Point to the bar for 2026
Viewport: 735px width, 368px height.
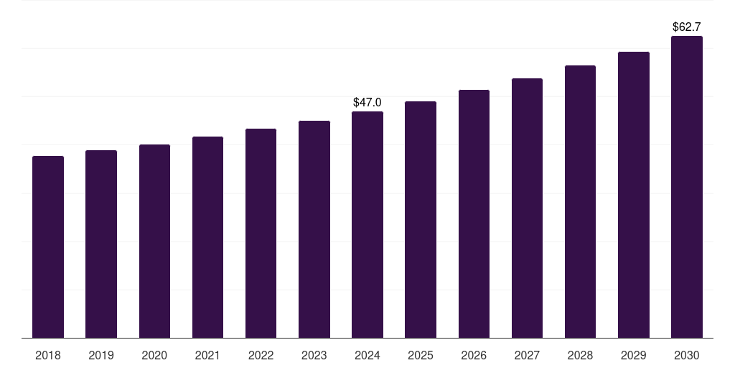pyautogui.click(x=474, y=213)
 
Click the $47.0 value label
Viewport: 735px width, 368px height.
pyautogui.click(x=367, y=103)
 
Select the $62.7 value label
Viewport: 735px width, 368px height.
pyautogui.click(x=686, y=27)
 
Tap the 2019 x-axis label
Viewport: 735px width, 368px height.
pyautogui.click(x=101, y=356)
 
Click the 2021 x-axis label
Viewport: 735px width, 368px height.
pyautogui.click(x=207, y=356)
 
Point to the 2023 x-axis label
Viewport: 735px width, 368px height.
pyautogui.click(x=314, y=356)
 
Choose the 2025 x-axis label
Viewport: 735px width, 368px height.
pyautogui.click(x=421, y=356)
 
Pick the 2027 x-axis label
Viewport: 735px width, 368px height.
pyautogui.click(x=527, y=356)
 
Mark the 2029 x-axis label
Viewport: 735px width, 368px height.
pyautogui.click(x=633, y=356)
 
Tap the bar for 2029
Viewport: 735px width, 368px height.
pyautogui.click(x=633, y=195)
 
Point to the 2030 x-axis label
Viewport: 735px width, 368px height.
pyautogui.click(x=686, y=356)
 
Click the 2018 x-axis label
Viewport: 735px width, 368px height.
pyautogui.click(x=48, y=356)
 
